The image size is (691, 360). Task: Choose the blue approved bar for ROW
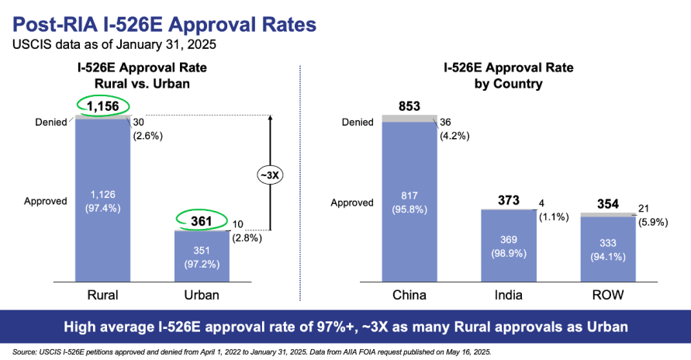[x=608, y=248]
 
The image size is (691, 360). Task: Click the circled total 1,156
[x=102, y=106]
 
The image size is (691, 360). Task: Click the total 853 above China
[x=411, y=106]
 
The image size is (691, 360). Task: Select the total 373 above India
[x=510, y=200]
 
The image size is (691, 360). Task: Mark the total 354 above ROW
[x=608, y=204]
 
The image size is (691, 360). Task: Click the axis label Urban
[x=201, y=295]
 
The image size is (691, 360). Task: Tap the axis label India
[x=509, y=295]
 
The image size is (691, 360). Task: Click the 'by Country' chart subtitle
[x=508, y=83]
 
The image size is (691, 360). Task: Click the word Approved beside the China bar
[x=353, y=202]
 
